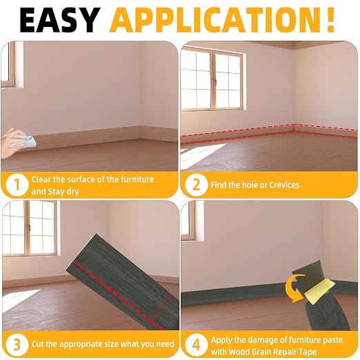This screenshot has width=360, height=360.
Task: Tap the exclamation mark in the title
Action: tap(330, 20)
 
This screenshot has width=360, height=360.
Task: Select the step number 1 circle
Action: tap(17, 185)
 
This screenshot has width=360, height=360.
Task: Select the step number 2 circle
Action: tap(196, 185)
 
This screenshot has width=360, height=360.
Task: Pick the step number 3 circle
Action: tap(17, 345)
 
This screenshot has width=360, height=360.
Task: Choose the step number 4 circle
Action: tap(196, 345)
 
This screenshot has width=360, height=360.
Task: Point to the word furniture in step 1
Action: tap(137, 179)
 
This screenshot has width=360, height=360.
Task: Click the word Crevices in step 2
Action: tap(284, 185)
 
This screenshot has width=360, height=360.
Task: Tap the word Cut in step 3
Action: tap(37, 344)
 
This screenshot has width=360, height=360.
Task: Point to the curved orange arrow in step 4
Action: tap(291, 288)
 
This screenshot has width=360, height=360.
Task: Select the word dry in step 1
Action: tap(72, 192)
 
